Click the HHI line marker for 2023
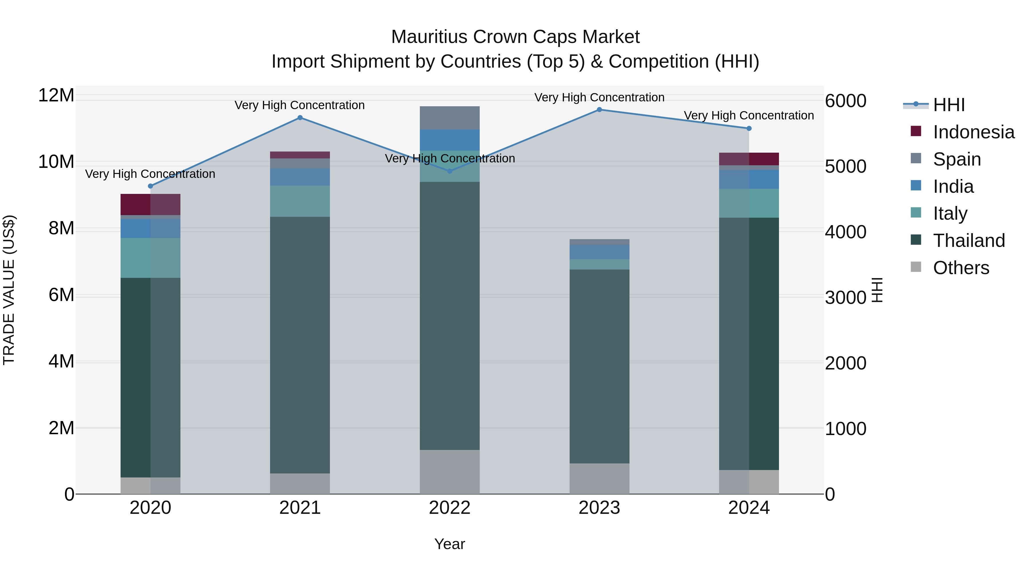(599, 110)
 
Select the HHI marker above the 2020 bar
(150, 186)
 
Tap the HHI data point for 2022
(449, 171)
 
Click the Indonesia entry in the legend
(973, 132)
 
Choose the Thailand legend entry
(969, 241)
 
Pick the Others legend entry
(961, 268)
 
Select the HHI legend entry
(949, 105)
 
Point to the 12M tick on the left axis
(56, 95)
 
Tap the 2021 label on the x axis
(300, 508)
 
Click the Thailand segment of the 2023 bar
(599, 366)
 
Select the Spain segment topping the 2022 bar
(449, 118)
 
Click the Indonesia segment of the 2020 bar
(150, 205)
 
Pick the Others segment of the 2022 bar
(449, 472)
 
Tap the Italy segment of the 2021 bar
(300, 201)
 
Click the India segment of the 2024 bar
(749, 179)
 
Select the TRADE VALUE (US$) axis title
(9, 290)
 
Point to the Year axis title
(449, 544)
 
